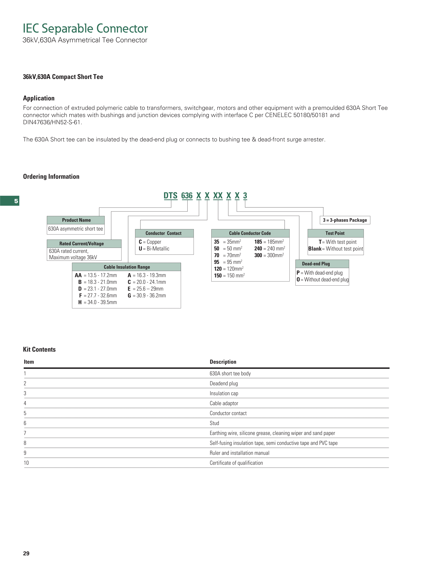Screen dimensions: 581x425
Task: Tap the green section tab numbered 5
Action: click(10, 201)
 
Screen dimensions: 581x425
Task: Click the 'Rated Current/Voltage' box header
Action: click(82, 244)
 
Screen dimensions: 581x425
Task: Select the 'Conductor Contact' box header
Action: click(164, 233)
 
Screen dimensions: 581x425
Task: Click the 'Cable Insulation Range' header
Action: click(127, 267)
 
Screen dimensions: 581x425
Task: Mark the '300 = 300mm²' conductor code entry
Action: click(269, 255)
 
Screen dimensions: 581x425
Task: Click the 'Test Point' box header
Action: click(335, 233)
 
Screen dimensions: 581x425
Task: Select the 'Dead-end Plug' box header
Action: click(316, 264)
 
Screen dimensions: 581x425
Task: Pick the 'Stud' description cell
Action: click(214, 423)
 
